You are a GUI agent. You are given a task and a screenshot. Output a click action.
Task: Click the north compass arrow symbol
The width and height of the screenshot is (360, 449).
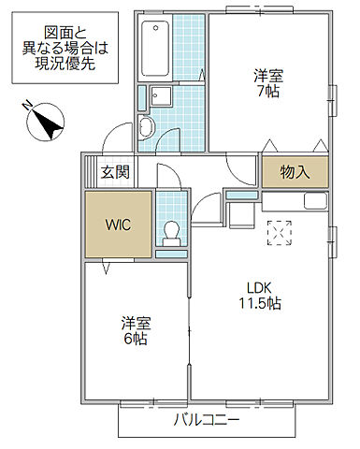(43, 119)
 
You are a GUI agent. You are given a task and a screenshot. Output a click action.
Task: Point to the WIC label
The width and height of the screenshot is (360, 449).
(117, 224)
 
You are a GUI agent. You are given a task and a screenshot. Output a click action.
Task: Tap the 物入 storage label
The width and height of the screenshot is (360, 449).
(293, 173)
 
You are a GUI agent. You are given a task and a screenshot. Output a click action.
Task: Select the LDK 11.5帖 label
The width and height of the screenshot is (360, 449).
(264, 296)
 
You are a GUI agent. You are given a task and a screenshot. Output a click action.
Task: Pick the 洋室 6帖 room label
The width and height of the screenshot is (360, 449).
(136, 330)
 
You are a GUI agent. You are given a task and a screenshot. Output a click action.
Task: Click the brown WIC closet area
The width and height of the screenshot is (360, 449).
(117, 224)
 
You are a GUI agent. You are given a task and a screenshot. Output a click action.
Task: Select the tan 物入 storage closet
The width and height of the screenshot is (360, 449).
(293, 173)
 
